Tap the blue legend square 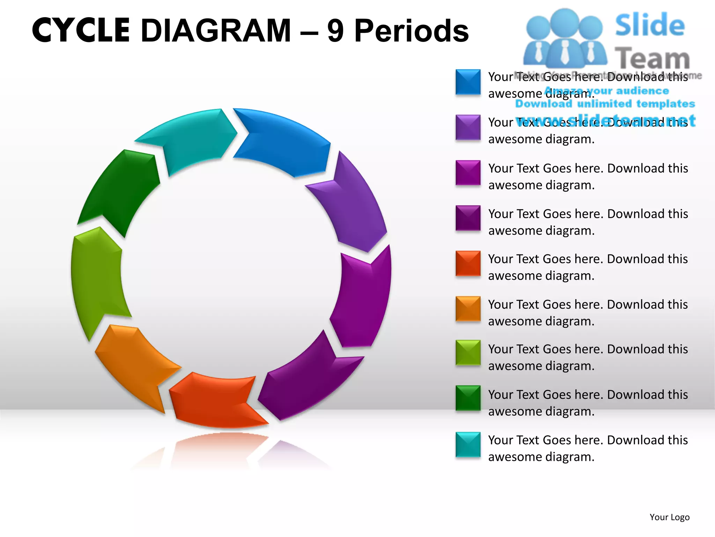tap(468, 82)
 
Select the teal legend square tap(468, 445)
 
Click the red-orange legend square tap(468, 263)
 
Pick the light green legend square tap(468, 352)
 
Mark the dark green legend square tap(468, 398)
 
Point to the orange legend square tap(468, 309)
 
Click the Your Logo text tap(669, 517)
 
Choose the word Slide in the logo tap(650, 25)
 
